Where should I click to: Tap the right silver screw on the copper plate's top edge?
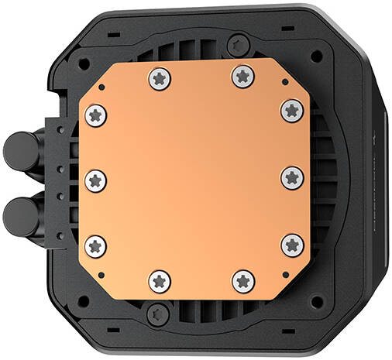pos(242,75)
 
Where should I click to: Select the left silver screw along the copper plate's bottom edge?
pos(160,281)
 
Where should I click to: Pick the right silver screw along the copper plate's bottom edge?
pos(242,281)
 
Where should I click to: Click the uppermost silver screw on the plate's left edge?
pos(96,115)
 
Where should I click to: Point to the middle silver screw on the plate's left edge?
pos(95,180)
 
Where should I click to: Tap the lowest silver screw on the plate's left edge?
pos(95,245)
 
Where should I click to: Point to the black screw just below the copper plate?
pos(159,314)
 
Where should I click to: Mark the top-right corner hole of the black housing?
pos(317,57)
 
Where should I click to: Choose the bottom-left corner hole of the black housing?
pos(84,300)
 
